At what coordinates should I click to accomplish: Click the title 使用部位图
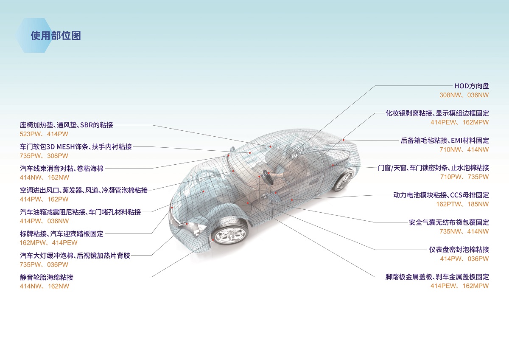point(56,36)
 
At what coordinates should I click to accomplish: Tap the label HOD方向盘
point(472,86)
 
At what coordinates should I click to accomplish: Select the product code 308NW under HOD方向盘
point(450,95)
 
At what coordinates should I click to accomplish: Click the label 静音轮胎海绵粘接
point(47,277)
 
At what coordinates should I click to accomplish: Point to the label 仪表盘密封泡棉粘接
point(459,250)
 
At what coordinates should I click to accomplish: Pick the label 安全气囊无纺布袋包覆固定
point(449,222)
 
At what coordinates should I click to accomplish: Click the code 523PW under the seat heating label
point(30,134)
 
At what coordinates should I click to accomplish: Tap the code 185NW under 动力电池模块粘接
point(478,204)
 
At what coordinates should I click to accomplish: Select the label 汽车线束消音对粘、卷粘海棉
point(62,169)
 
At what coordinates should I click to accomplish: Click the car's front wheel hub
point(230,235)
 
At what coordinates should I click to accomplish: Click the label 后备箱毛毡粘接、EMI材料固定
point(445,141)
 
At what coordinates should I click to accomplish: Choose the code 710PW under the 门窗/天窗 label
point(450,177)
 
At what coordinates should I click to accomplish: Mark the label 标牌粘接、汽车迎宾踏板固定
point(62,234)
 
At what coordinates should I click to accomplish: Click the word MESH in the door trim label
point(65,147)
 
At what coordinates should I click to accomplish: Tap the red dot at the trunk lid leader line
point(343,140)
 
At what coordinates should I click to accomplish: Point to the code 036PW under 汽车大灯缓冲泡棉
point(58,265)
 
